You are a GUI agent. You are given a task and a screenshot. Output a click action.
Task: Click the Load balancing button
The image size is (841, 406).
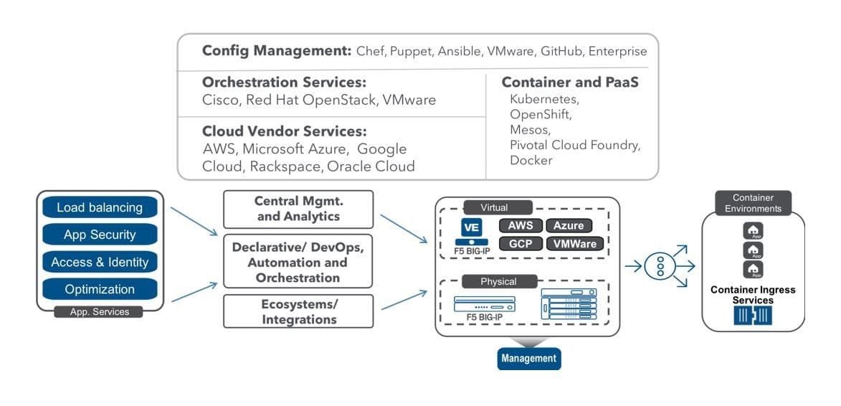click(x=100, y=207)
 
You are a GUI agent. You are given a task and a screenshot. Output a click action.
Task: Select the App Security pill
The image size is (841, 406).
click(x=100, y=235)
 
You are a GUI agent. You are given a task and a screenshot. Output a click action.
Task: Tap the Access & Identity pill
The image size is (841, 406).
click(x=100, y=263)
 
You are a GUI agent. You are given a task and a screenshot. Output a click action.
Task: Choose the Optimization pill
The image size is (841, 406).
click(x=100, y=289)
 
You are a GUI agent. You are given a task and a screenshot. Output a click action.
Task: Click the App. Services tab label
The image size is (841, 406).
click(x=100, y=312)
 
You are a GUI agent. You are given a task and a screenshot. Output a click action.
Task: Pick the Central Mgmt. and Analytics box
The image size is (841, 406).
click(x=298, y=209)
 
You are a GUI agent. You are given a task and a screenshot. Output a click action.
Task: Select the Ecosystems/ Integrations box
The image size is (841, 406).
click(x=298, y=311)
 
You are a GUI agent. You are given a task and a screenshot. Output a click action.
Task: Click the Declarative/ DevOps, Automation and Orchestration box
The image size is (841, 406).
click(x=298, y=262)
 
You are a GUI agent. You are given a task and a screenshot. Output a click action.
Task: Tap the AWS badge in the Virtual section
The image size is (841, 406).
click(x=521, y=225)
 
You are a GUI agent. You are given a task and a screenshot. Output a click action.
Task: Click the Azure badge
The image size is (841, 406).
click(x=569, y=225)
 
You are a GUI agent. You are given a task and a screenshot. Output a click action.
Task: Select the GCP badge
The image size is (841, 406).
click(x=521, y=243)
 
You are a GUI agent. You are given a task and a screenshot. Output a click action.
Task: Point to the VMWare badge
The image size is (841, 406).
click(x=574, y=243)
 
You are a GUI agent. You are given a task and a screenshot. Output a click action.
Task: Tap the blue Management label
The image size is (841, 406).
click(x=528, y=358)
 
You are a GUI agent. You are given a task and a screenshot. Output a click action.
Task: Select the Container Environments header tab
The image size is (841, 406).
click(x=753, y=203)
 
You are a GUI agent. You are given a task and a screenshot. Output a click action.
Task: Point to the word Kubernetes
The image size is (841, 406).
click(x=544, y=99)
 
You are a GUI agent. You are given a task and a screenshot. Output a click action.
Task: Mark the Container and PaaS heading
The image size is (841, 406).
click(x=570, y=82)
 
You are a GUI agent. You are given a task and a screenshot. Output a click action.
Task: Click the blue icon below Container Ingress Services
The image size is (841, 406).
click(x=753, y=316)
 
